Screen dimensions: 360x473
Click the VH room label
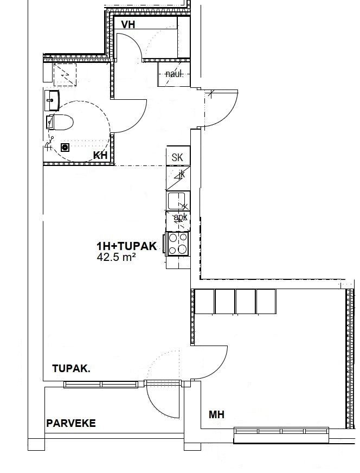pyautogui.click(x=128, y=24)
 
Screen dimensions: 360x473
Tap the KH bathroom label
pyautogui.click(x=100, y=155)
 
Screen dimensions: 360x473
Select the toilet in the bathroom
pyautogui.click(x=60, y=122)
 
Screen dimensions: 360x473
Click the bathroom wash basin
pyautogui.click(x=52, y=100)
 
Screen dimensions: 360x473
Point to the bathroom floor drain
pyautogui.click(x=65, y=148)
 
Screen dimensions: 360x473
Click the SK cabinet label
pyautogui.click(x=177, y=157)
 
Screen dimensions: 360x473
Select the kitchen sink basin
pyautogui.click(x=176, y=201)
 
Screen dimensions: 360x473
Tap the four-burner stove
pyautogui.click(x=177, y=244)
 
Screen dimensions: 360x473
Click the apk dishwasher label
pyautogui.click(x=181, y=217)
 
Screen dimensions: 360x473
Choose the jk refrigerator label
pyautogui.click(x=182, y=174)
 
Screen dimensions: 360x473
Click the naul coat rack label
pyautogui.click(x=174, y=74)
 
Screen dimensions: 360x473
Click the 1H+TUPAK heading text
pyautogui.click(x=127, y=246)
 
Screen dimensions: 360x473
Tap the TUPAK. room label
pyautogui.click(x=71, y=368)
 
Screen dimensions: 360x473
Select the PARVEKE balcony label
pyautogui.click(x=71, y=423)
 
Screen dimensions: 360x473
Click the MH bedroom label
pyautogui.click(x=216, y=415)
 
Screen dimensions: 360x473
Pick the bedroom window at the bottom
pyautogui.click(x=281, y=431)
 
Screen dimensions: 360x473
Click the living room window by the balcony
pyautogui.click(x=101, y=384)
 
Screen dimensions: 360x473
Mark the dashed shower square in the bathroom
pyautogui.click(x=65, y=74)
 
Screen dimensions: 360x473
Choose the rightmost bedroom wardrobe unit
pyautogui.click(x=266, y=302)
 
